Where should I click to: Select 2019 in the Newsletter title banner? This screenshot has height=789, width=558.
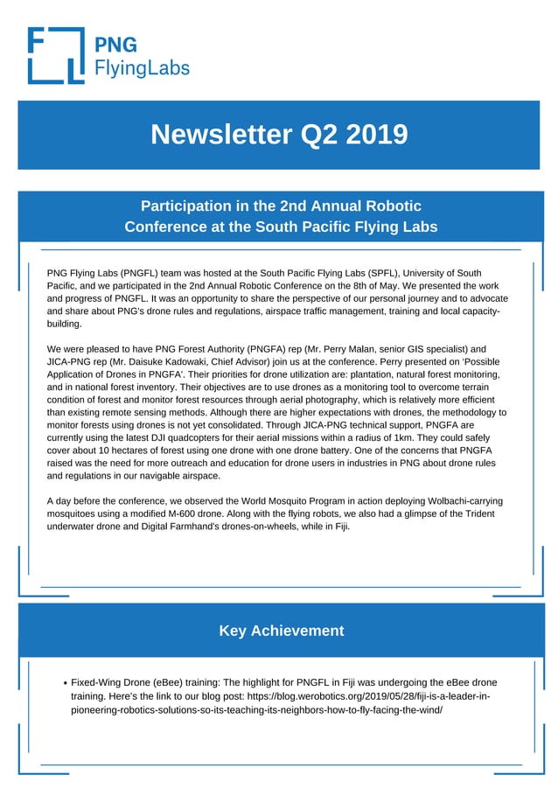[377, 135]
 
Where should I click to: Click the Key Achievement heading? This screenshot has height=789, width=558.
[281, 631]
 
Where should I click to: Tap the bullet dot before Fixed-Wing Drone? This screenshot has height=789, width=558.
[66, 682]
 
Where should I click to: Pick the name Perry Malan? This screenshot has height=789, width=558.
[362, 349]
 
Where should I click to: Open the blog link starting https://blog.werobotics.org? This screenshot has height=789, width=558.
[367, 695]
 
